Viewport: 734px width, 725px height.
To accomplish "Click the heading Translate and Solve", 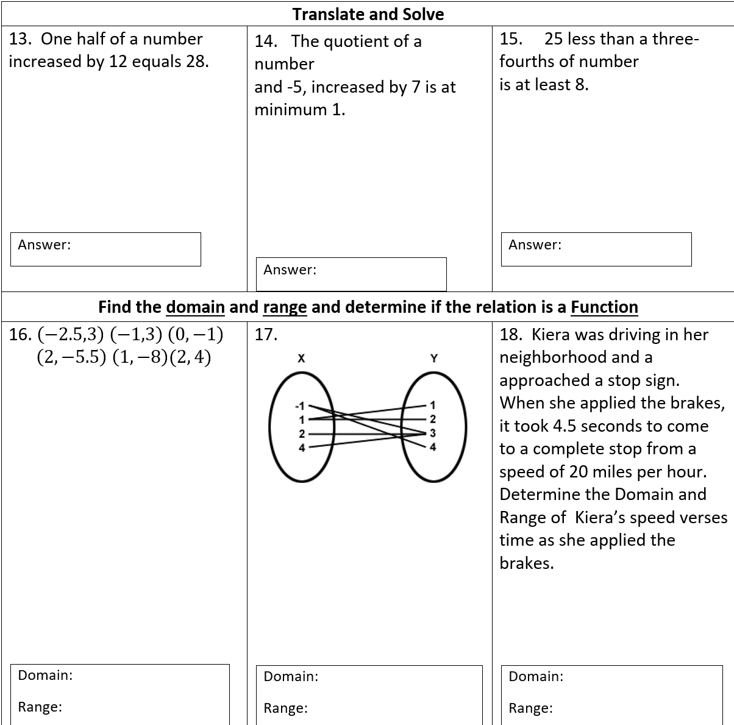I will pos(368,14).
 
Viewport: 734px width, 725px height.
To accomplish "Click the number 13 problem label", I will pos(20,39).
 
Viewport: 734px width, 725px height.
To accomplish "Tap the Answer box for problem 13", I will pos(105,249).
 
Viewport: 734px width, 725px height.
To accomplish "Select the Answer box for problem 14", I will pos(351,274).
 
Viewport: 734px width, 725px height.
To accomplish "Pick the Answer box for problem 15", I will pos(596,249).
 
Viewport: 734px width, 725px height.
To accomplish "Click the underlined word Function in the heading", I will pos(604,307).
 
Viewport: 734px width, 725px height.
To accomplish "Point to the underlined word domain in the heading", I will pos(195,307).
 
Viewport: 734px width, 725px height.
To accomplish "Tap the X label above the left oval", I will pos(301,359).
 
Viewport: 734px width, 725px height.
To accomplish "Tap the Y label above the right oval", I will pos(434,359).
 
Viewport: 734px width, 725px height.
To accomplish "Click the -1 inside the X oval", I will pos(299,405).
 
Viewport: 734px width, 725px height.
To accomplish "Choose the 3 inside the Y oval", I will pos(433,434).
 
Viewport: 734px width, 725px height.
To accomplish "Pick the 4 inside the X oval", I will pos(301,448).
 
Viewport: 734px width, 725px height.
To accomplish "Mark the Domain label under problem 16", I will pos(45,675).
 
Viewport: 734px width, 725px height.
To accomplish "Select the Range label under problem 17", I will pos(285,709).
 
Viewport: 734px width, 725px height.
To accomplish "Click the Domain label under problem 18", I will pos(536,676).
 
